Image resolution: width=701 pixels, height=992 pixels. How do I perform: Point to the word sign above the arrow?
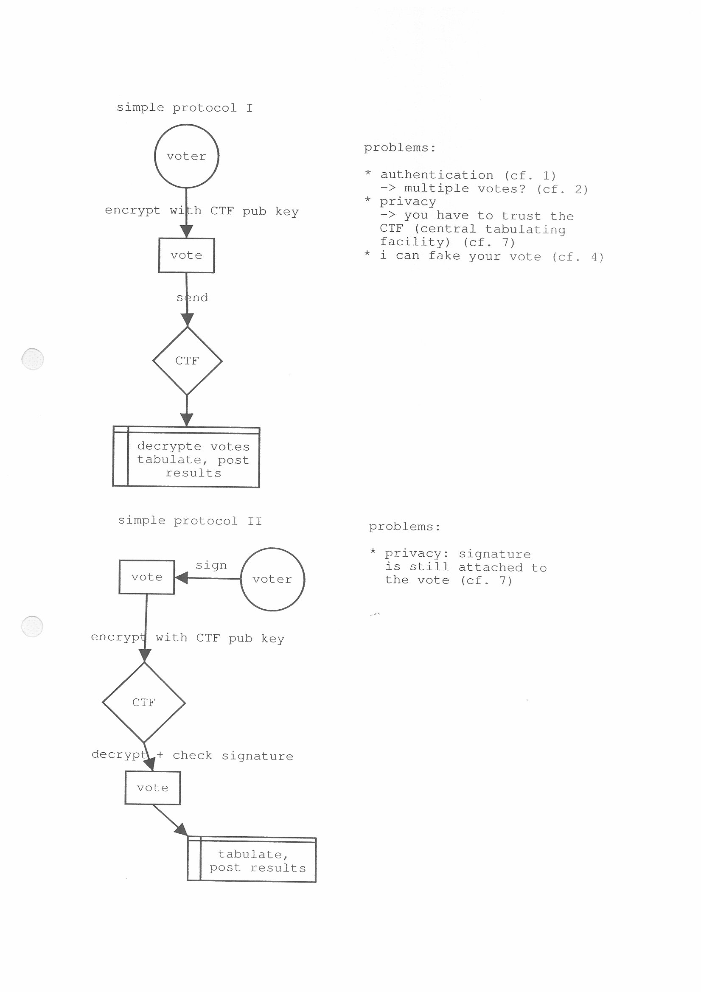coord(211,566)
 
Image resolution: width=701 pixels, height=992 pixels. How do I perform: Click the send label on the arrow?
coord(192,297)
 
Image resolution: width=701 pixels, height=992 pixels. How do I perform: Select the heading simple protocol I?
coord(185,107)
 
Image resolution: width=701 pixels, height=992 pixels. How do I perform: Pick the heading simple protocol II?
coord(190,521)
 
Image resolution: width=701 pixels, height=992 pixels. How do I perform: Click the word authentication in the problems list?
coord(437,174)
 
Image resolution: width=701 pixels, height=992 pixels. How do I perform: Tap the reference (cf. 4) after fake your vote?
coord(578,257)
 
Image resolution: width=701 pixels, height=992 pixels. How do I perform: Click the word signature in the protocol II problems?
coord(494,554)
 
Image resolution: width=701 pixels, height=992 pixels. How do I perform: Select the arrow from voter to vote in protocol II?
coord(207,578)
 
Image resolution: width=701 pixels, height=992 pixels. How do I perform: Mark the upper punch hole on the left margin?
coord(32,359)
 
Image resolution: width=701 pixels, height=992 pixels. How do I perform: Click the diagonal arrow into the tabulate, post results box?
coord(170,820)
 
